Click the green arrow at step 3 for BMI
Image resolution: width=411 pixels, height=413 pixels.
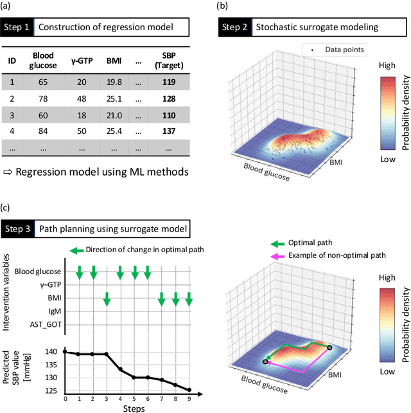click(x=107, y=298)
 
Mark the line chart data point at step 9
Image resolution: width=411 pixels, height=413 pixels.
click(x=189, y=389)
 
